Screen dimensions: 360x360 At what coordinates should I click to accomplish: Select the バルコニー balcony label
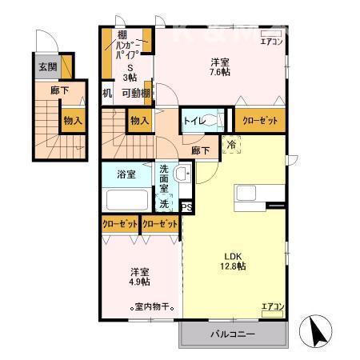(x=233, y=333)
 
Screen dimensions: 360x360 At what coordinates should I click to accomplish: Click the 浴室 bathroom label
(x=125, y=172)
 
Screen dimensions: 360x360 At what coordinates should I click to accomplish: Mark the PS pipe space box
(x=187, y=207)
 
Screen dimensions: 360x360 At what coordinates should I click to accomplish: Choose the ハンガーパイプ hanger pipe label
(x=128, y=50)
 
